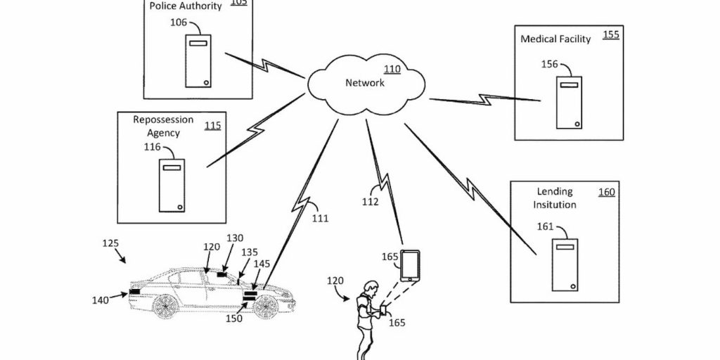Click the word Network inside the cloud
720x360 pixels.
point(365,83)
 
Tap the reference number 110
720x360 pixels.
point(391,70)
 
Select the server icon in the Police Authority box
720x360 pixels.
point(198,61)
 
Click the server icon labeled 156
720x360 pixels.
point(567,103)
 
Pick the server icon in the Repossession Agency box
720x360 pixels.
point(171,185)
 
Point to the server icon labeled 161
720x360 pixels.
point(564,264)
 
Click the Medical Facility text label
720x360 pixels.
point(555,39)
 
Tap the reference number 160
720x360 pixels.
point(605,192)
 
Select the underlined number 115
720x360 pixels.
point(212,126)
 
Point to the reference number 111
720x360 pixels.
point(320,219)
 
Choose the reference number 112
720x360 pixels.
point(370,202)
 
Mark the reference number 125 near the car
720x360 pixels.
point(110,243)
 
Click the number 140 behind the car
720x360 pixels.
point(101,300)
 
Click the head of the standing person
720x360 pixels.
point(368,288)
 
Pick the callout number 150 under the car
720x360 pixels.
point(233,319)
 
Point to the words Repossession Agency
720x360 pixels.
point(163,126)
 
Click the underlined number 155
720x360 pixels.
point(611,34)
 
